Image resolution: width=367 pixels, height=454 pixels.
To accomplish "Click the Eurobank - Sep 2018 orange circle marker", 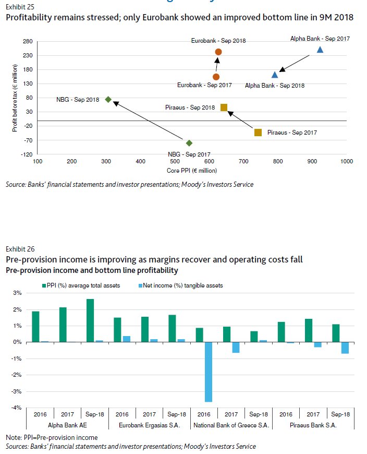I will pos(218,52).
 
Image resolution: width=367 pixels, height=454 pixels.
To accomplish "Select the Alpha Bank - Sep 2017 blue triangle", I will pos(320,50).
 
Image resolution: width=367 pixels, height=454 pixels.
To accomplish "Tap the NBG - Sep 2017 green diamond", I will pos(189,143).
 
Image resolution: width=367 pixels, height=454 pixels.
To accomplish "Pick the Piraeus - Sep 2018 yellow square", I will pos(224,107).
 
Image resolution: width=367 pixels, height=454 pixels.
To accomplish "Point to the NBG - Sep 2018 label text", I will pos(78,100).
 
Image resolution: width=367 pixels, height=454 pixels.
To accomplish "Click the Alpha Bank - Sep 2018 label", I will pos(275,85).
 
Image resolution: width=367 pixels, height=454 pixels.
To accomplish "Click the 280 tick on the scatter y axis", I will pos(28,42).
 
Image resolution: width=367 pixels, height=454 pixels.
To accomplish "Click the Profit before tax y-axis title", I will pos(16,98).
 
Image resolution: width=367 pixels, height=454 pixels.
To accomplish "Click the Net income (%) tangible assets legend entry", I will pos(177,285).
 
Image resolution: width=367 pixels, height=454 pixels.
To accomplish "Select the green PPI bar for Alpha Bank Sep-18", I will pos(90,320).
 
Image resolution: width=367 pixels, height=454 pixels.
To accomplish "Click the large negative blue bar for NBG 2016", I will pos(209,372).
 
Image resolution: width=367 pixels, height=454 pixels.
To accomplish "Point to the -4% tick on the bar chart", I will pos(17,408).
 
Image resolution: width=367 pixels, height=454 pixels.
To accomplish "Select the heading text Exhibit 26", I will pos(20,249).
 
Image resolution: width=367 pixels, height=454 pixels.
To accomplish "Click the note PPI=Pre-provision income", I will pos(52,437).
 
